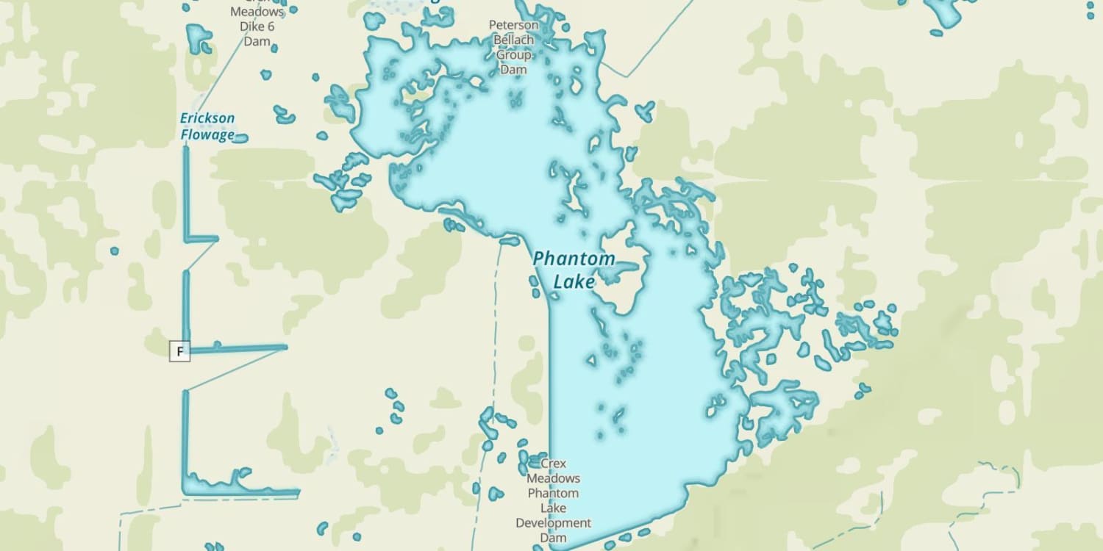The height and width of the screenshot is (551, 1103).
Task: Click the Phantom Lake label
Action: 574,270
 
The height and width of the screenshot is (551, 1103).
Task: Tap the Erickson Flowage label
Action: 208,126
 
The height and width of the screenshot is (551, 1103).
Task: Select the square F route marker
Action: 179,351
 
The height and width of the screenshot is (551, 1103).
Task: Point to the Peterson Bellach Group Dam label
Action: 513,47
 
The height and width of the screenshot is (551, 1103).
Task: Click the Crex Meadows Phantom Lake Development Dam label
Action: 553,500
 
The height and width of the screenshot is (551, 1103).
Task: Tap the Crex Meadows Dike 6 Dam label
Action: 257,26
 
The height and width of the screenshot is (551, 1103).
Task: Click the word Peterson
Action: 513,25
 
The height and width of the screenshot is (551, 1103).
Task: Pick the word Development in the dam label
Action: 553,523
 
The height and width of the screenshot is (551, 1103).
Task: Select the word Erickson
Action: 208,118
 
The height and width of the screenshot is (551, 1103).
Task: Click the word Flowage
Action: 208,135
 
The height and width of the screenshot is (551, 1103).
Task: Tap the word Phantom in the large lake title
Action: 574,259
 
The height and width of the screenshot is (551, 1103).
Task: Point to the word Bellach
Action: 513,40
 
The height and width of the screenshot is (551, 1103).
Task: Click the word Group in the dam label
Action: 513,54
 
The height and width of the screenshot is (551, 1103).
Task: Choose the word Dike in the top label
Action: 249,26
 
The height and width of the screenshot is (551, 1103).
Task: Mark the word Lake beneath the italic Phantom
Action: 574,281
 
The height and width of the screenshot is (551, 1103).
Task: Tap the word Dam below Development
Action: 553,538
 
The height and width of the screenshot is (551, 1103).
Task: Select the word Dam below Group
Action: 513,69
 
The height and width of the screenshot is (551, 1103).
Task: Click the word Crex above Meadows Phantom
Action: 553,464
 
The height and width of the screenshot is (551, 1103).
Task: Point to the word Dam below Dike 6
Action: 257,41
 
